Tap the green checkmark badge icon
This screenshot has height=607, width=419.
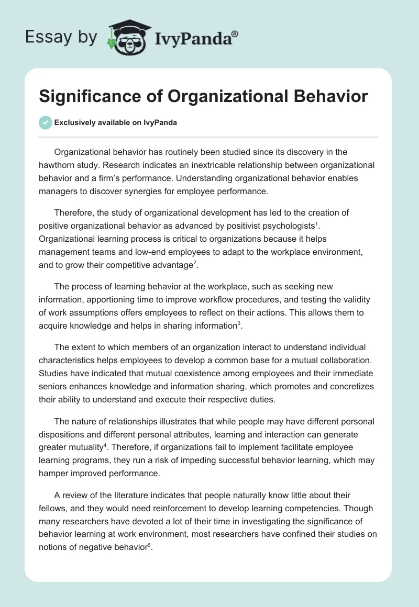(x=45, y=122)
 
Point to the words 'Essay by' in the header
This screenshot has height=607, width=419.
(x=61, y=37)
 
